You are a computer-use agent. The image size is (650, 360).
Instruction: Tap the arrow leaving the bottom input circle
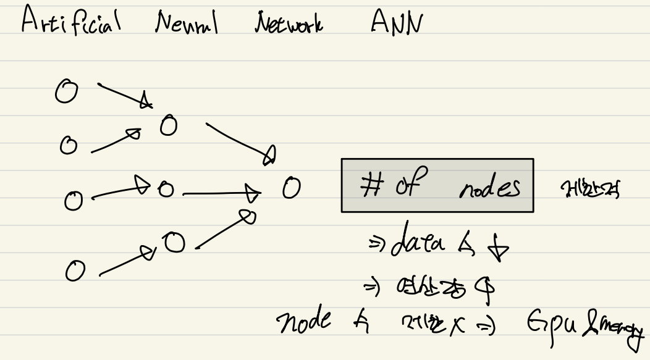click(x=124, y=261)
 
